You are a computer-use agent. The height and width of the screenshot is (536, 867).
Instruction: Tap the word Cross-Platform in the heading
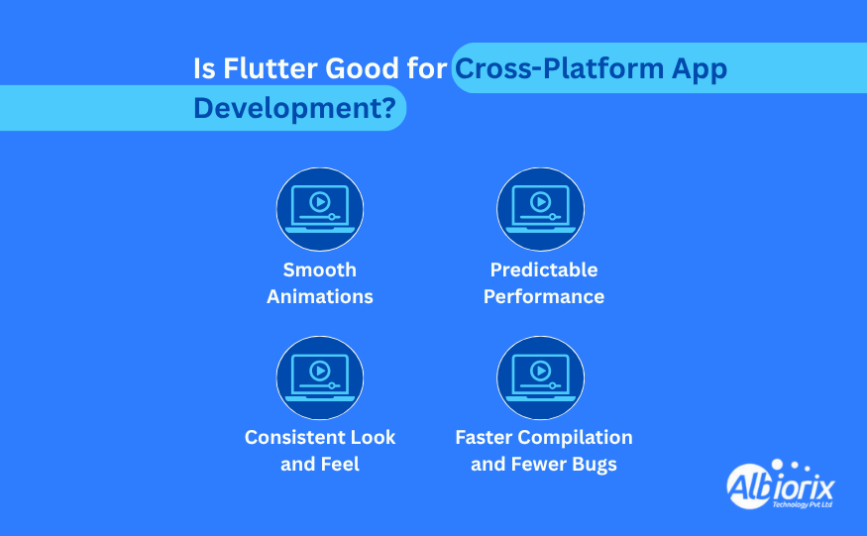point(559,68)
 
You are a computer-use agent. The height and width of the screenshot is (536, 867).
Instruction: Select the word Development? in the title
point(294,108)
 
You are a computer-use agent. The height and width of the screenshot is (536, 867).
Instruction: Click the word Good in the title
point(363,68)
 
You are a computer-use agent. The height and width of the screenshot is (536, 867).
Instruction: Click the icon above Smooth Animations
point(320,209)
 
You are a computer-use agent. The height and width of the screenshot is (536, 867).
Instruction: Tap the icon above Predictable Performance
point(540,209)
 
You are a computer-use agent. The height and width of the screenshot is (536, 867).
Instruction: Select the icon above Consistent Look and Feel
point(320,377)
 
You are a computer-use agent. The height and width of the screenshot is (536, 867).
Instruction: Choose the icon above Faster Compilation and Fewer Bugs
point(540,377)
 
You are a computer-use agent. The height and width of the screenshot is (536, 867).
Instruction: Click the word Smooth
point(320,269)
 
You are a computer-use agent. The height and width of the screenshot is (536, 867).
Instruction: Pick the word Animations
point(320,296)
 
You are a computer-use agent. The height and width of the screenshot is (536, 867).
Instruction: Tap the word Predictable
point(544,269)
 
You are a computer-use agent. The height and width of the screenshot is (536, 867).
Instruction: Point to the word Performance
point(544,296)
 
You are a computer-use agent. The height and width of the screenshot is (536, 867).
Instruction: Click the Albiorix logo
point(780,485)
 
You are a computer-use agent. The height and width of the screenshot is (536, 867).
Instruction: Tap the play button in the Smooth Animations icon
point(320,202)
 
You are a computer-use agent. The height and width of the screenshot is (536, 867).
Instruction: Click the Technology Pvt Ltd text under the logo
point(803,504)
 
